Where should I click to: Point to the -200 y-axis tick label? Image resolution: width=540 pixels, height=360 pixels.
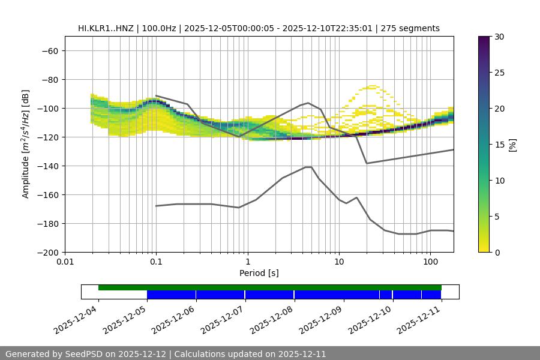[48, 252]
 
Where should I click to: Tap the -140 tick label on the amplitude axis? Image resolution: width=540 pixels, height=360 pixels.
[48, 166]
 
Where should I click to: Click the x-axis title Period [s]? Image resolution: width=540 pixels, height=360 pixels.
[259, 273]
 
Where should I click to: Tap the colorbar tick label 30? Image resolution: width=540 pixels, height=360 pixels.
[500, 37]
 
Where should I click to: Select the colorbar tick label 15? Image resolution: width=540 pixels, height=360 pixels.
[500, 145]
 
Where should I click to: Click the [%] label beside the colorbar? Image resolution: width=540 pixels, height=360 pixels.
[512, 145]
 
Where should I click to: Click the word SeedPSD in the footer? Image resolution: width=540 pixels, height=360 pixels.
[83, 354]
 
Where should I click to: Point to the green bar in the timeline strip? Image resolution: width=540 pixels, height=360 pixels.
[270, 287]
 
